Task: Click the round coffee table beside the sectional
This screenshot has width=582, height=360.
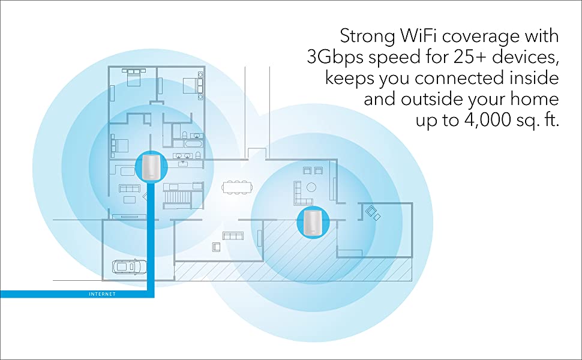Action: [311, 187]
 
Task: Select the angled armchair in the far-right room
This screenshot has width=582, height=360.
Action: [373, 212]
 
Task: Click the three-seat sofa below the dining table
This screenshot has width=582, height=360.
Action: [232, 235]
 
